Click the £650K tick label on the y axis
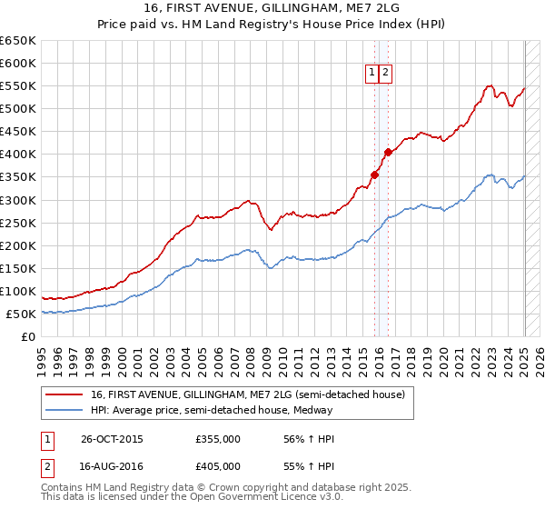[18, 41]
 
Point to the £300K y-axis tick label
[18, 200]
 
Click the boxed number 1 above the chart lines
[372, 74]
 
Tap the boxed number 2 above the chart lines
[385, 74]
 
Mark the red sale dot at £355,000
[374, 175]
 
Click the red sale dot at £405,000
[388, 152]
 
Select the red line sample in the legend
[64, 394]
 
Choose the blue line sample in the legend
[64, 410]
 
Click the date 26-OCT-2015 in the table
[112, 439]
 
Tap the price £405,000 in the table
[218, 466]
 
